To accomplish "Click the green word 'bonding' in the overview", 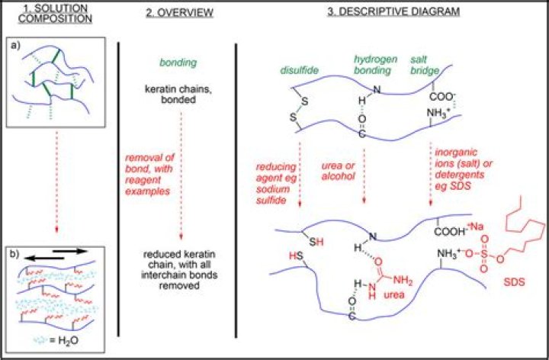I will click(178, 63).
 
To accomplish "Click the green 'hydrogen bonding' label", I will click(371, 64).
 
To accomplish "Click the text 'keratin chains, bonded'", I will click(178, 96).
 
